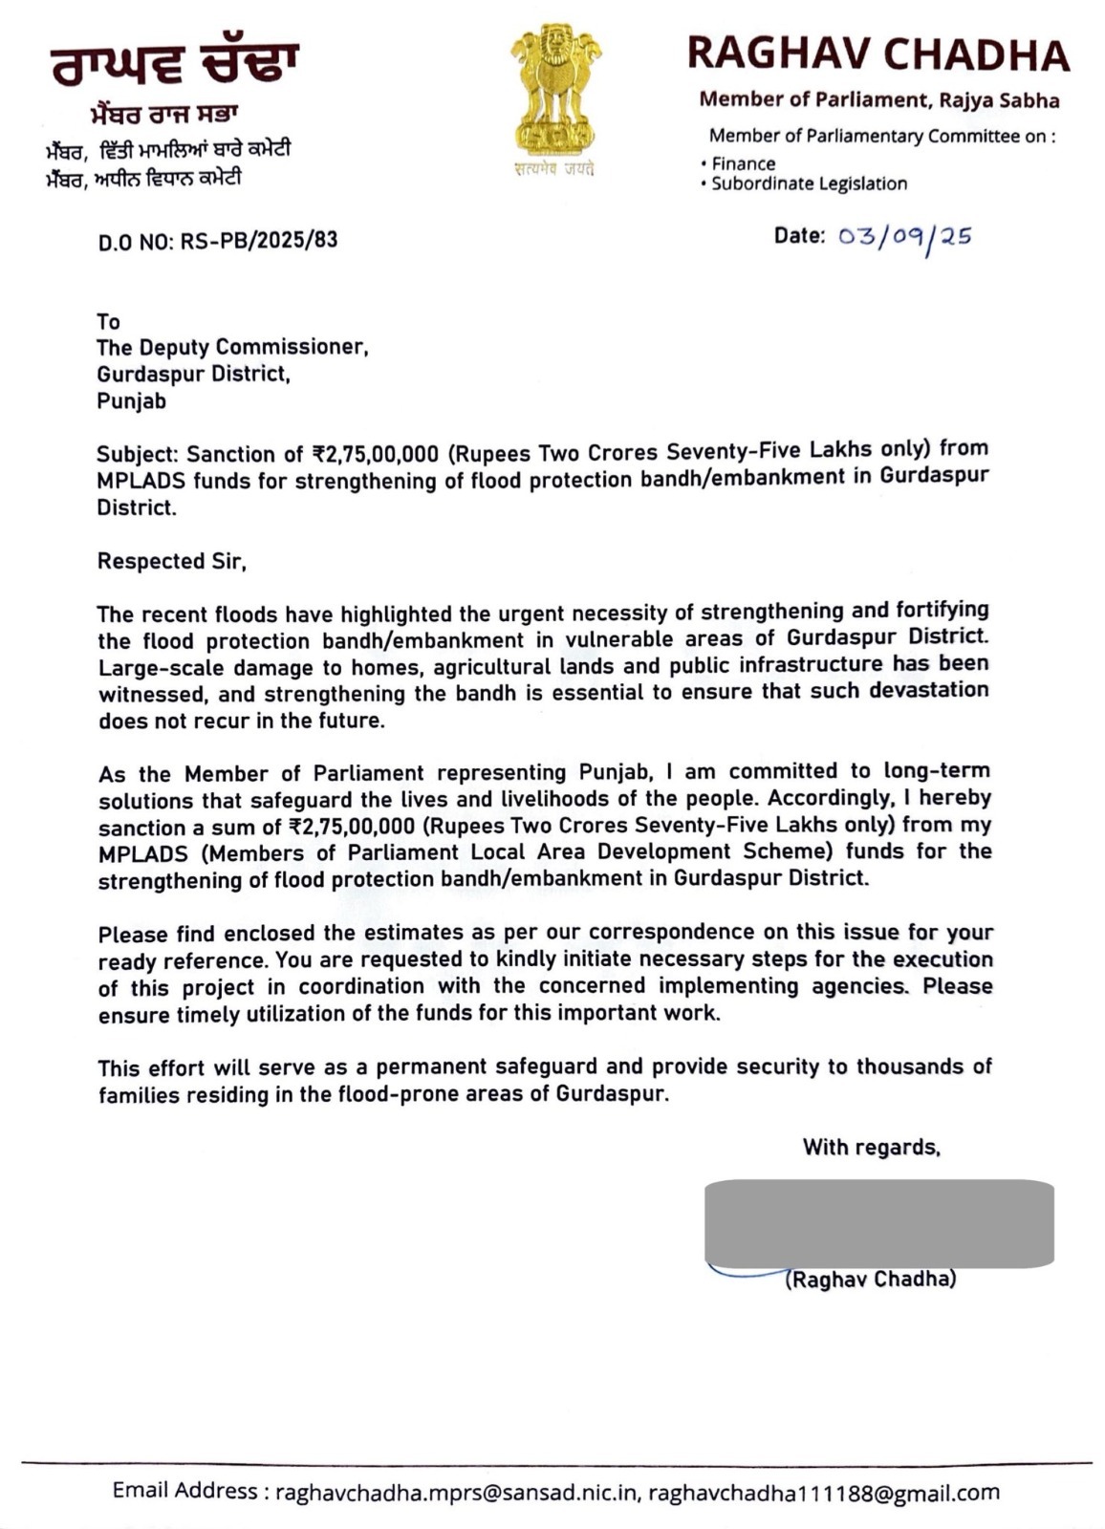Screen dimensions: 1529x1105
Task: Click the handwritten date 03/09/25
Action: [x=904, y=237]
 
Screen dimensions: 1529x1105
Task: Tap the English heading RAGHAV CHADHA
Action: [x=877, y=54]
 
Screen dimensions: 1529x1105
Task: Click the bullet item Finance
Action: [x=743, y=163]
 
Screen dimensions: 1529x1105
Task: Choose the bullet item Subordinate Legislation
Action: [x=809, y=183]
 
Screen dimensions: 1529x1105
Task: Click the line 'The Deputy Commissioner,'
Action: [x=232, y=347]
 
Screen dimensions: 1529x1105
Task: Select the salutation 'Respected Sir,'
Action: [x=172, y=561]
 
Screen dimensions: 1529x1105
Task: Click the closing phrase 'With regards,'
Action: [x=872, y=1147]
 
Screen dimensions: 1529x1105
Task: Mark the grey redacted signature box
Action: [x=878, y=1224]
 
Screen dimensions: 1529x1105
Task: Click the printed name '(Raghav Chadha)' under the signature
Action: [x=870, y=1280]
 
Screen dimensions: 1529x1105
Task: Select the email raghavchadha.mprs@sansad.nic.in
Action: [x=457, y=1492]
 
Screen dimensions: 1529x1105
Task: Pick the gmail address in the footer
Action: [x=824, y=1492]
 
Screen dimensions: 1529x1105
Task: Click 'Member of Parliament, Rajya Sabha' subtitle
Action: [x=878, y=99]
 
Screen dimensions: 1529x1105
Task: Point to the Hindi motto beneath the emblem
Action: [x=553, y=169]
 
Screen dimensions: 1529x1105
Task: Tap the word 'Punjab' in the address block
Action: [x=131, y=401]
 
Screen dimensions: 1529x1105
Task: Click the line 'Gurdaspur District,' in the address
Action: [x=193, y=374]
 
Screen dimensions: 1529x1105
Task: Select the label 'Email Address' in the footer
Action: [x=184, y=1491]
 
